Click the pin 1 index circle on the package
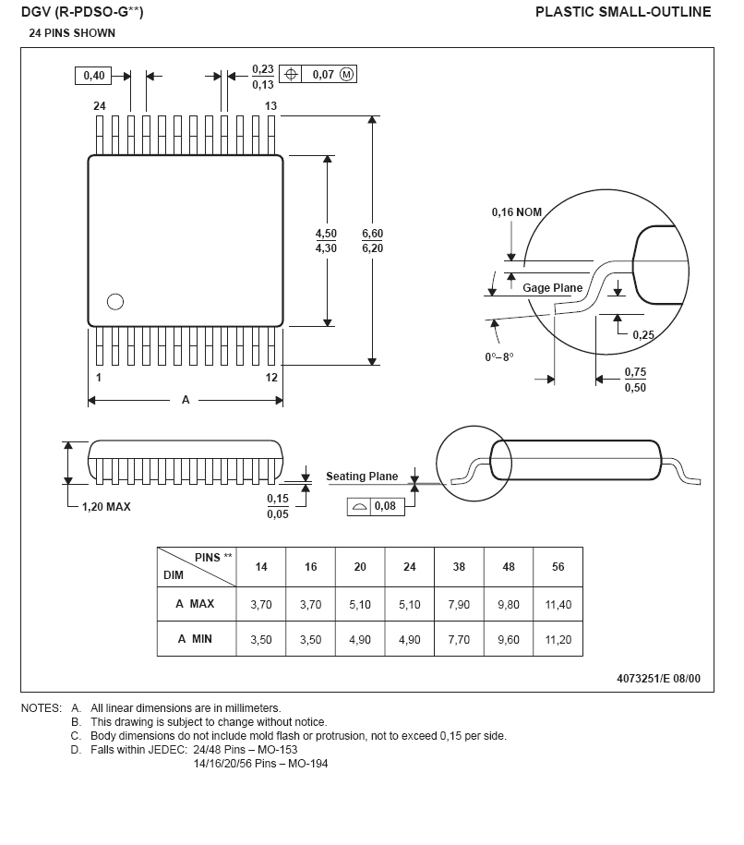coord(115,301)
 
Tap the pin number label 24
coord(100,106)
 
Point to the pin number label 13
coord(271,106)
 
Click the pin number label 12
coord(271,378)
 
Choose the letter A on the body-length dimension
coord(186,400)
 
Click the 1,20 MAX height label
coord(106,507)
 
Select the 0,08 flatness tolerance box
coord(377,507)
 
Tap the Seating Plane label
coord(362,477)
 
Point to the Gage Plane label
coord(552,288)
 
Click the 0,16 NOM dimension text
coord(516,212)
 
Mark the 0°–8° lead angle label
coord(498,356)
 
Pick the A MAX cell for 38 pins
coord(459,604)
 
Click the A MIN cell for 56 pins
coord(558,639)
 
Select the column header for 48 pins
coord(509,567)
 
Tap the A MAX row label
coord(195,604)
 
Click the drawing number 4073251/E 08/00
coord(658,679)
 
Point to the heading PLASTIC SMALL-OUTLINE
coord(623,12)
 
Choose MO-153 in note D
coord(277,750)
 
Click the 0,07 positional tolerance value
coord(322,75)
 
